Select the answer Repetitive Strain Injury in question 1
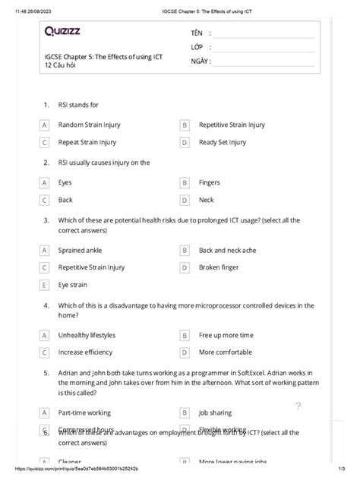point(232,125)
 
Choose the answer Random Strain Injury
point(89,125)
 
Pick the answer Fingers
point(209,183)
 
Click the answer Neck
point(206,201)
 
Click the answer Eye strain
point(73,285)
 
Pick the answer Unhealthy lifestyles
point(87,335)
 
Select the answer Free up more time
point(226,335)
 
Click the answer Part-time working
point(84,413)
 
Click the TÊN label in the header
point(196,34)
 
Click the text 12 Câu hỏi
point(64,66)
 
